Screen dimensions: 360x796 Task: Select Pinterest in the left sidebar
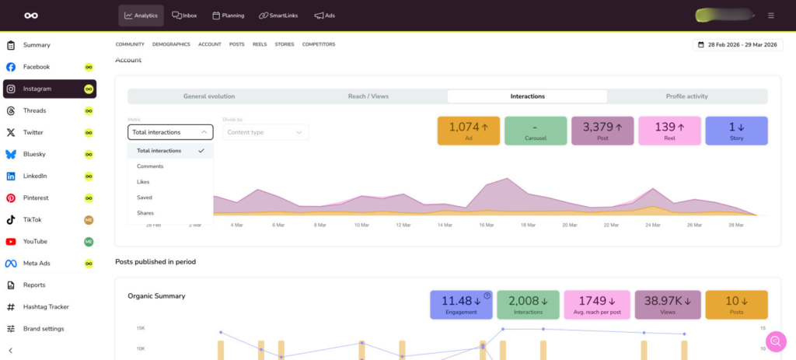[x=36, y=197]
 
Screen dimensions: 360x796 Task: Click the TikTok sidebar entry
[x=32, y=219]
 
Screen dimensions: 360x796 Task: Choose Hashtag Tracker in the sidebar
[x=46, y=306]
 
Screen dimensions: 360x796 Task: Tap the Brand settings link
[x=43, y=328]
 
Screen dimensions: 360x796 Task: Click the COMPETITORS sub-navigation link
[x=319, y=44]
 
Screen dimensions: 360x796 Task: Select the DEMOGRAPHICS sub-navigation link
[x=171, y=44]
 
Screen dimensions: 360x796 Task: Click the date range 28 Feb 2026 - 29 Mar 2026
[x=738, y=45]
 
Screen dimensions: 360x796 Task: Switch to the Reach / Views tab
[x=368, y=96]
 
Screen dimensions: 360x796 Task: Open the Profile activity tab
[x=686, y=96]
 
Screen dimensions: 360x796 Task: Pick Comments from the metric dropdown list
[x=150, y=166]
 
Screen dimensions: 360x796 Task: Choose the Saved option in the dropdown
[x=145, y=197]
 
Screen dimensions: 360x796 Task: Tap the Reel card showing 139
[x=669, y=130]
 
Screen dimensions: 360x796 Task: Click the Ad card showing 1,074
[x=469, y=130]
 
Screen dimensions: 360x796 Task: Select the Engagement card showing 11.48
[x=461, y=304]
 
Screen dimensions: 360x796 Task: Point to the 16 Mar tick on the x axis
[x=486, y=225]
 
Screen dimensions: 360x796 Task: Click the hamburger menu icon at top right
[x=770, y=16]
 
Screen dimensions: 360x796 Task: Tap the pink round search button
[x=775, y=341]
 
